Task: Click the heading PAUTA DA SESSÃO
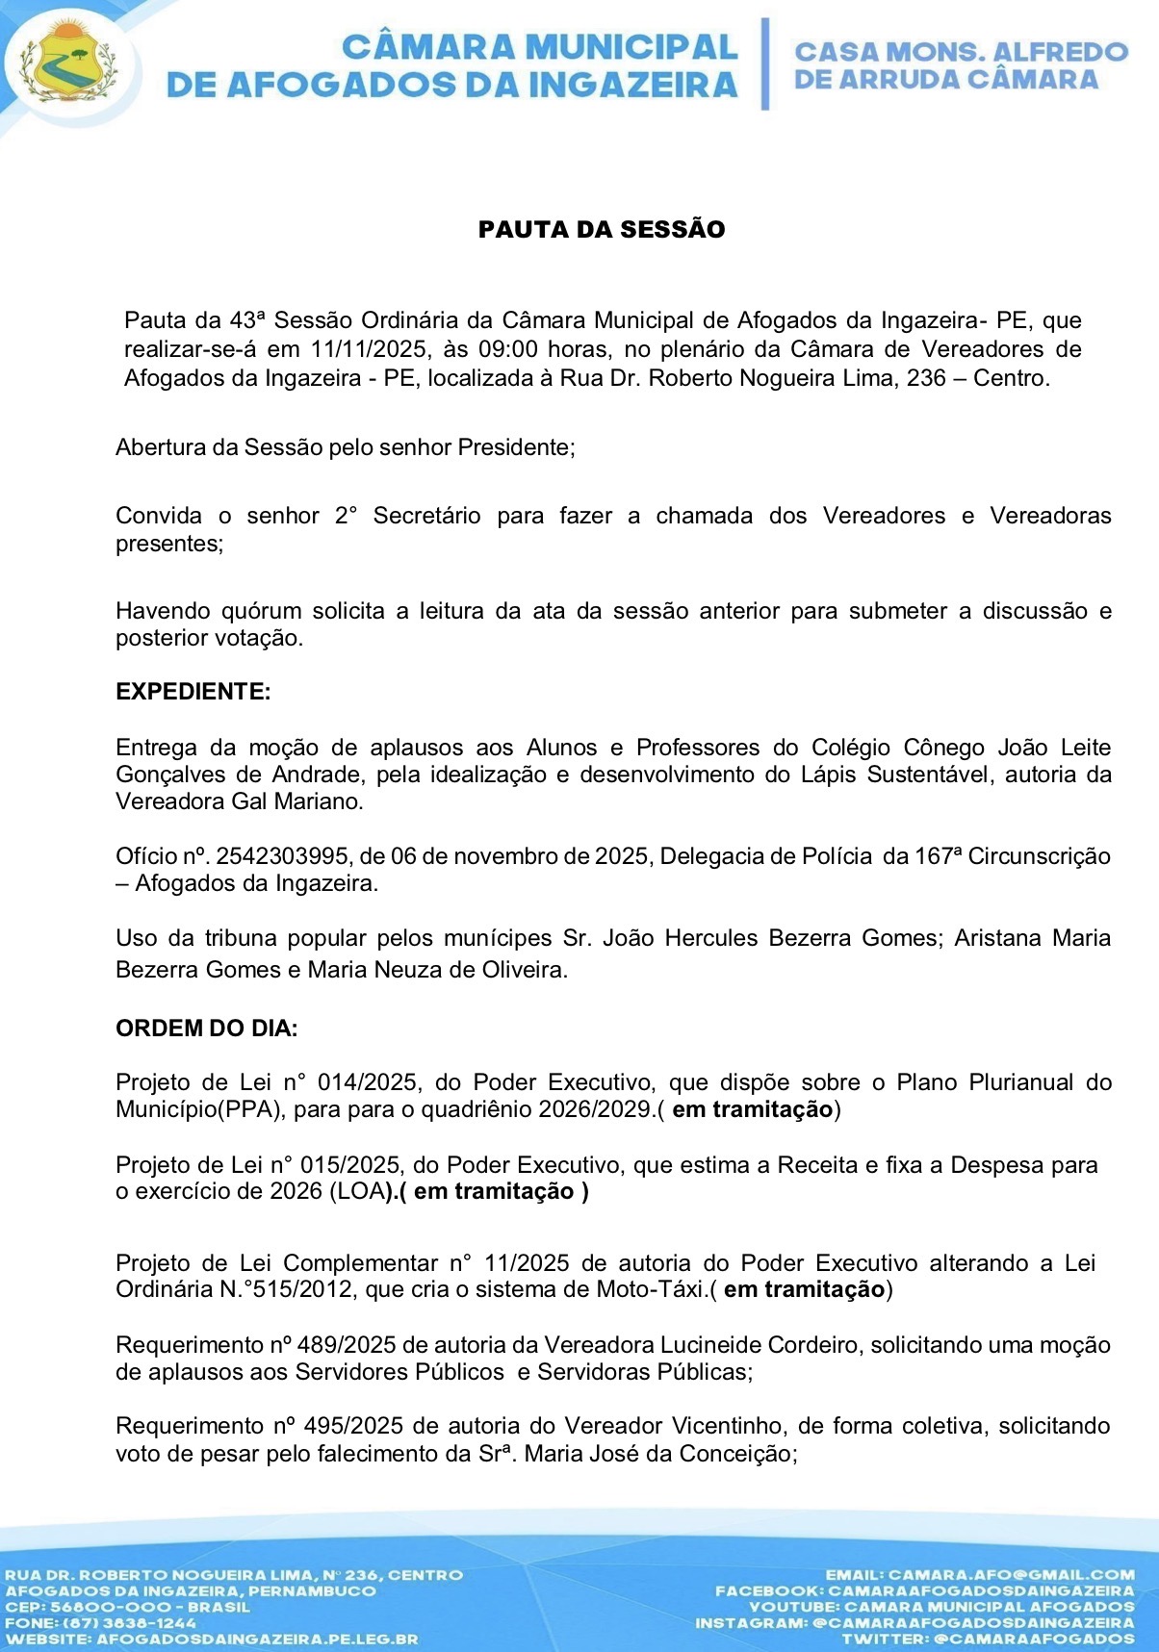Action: tap(602, 229)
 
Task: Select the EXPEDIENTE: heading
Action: tap(193, 692)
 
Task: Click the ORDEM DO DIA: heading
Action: tap(206, 1028)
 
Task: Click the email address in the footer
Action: tap(1011, 1575)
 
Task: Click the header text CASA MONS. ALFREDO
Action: tap(960, 52)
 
